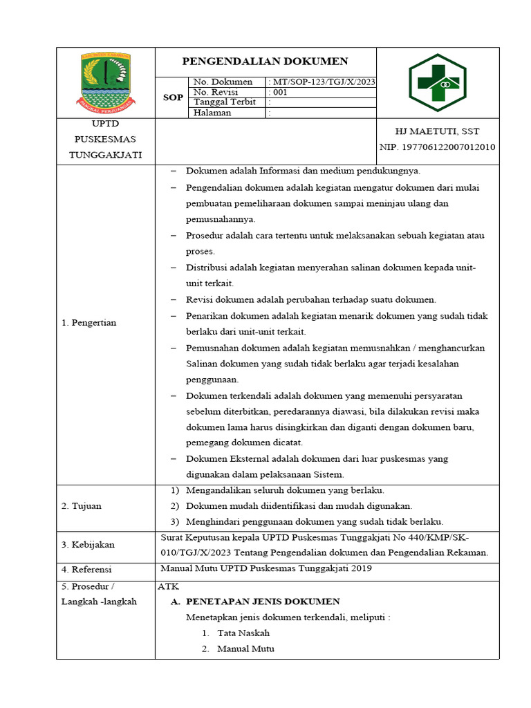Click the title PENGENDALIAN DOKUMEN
coord(265,62)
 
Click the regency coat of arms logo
coord(105,82)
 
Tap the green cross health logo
coord(437,83)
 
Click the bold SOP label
coord(173,97)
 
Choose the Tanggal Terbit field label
coord(225,102)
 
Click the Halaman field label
coord(212,113)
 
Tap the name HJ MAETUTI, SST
coord(437,131)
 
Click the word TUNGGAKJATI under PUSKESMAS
coord(105,154)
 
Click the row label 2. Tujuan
coord(81,506)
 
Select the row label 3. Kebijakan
coord(88,545)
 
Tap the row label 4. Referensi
coord(86,570)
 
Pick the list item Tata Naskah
coord(243,633)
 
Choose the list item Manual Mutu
coord(245,649)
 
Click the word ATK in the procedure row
coord(169,586)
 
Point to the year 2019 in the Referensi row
coord(361,569)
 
